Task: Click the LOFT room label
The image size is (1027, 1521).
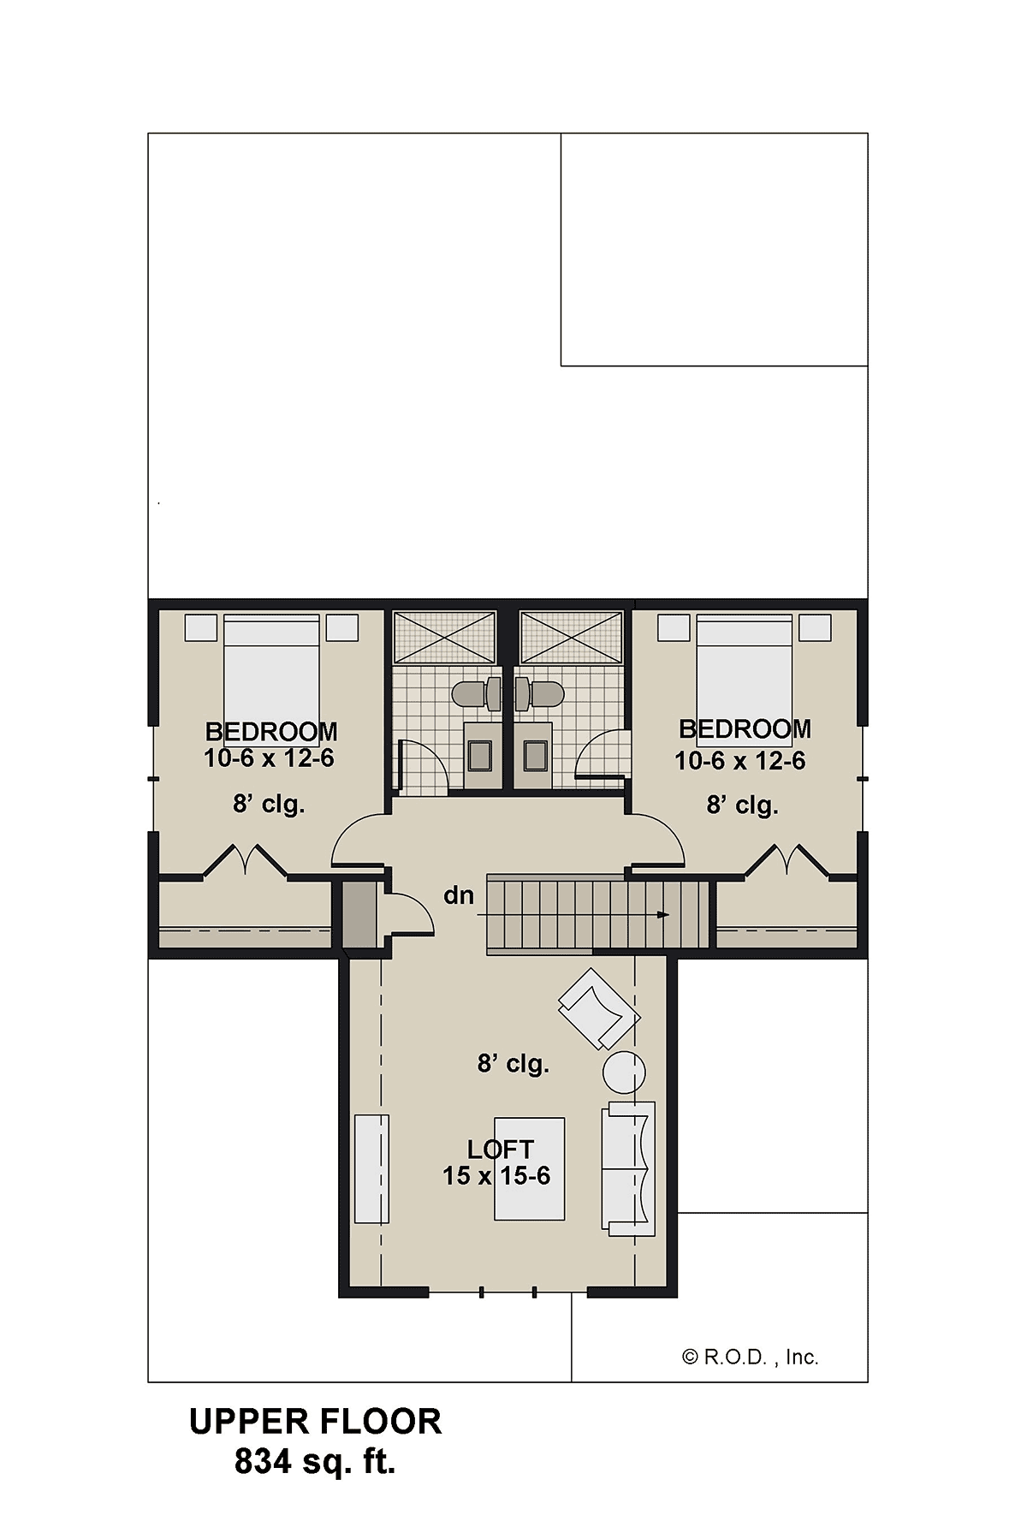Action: [x=501, y=1150]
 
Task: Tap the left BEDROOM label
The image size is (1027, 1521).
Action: [x=271, y=732]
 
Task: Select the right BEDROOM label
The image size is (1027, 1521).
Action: [x=745, y=729]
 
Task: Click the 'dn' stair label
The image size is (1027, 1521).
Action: [x=459, y=895]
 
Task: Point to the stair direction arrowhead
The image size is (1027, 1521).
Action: [x=663, y=915]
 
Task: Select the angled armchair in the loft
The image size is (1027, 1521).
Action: [x=599, y=1008]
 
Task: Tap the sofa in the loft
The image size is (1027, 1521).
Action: [x=628, y=1168]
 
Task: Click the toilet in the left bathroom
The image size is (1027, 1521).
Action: [x=477, y=693]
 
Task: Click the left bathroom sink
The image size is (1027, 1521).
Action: [x=480, y=755]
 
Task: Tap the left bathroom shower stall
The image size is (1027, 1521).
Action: [x=444, y=637]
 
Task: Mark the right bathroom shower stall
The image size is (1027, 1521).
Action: [x=572, y=637]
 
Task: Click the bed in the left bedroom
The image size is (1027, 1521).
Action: [x=271, y=676]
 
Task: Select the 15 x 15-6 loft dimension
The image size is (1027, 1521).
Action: [x=496, y=1176]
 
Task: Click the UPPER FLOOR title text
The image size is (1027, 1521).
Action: [x=315, y=1422]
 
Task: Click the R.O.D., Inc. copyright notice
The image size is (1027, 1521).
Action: [x=751, y=1357]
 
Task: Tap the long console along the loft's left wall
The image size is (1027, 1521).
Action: [x=371, y=1168]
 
